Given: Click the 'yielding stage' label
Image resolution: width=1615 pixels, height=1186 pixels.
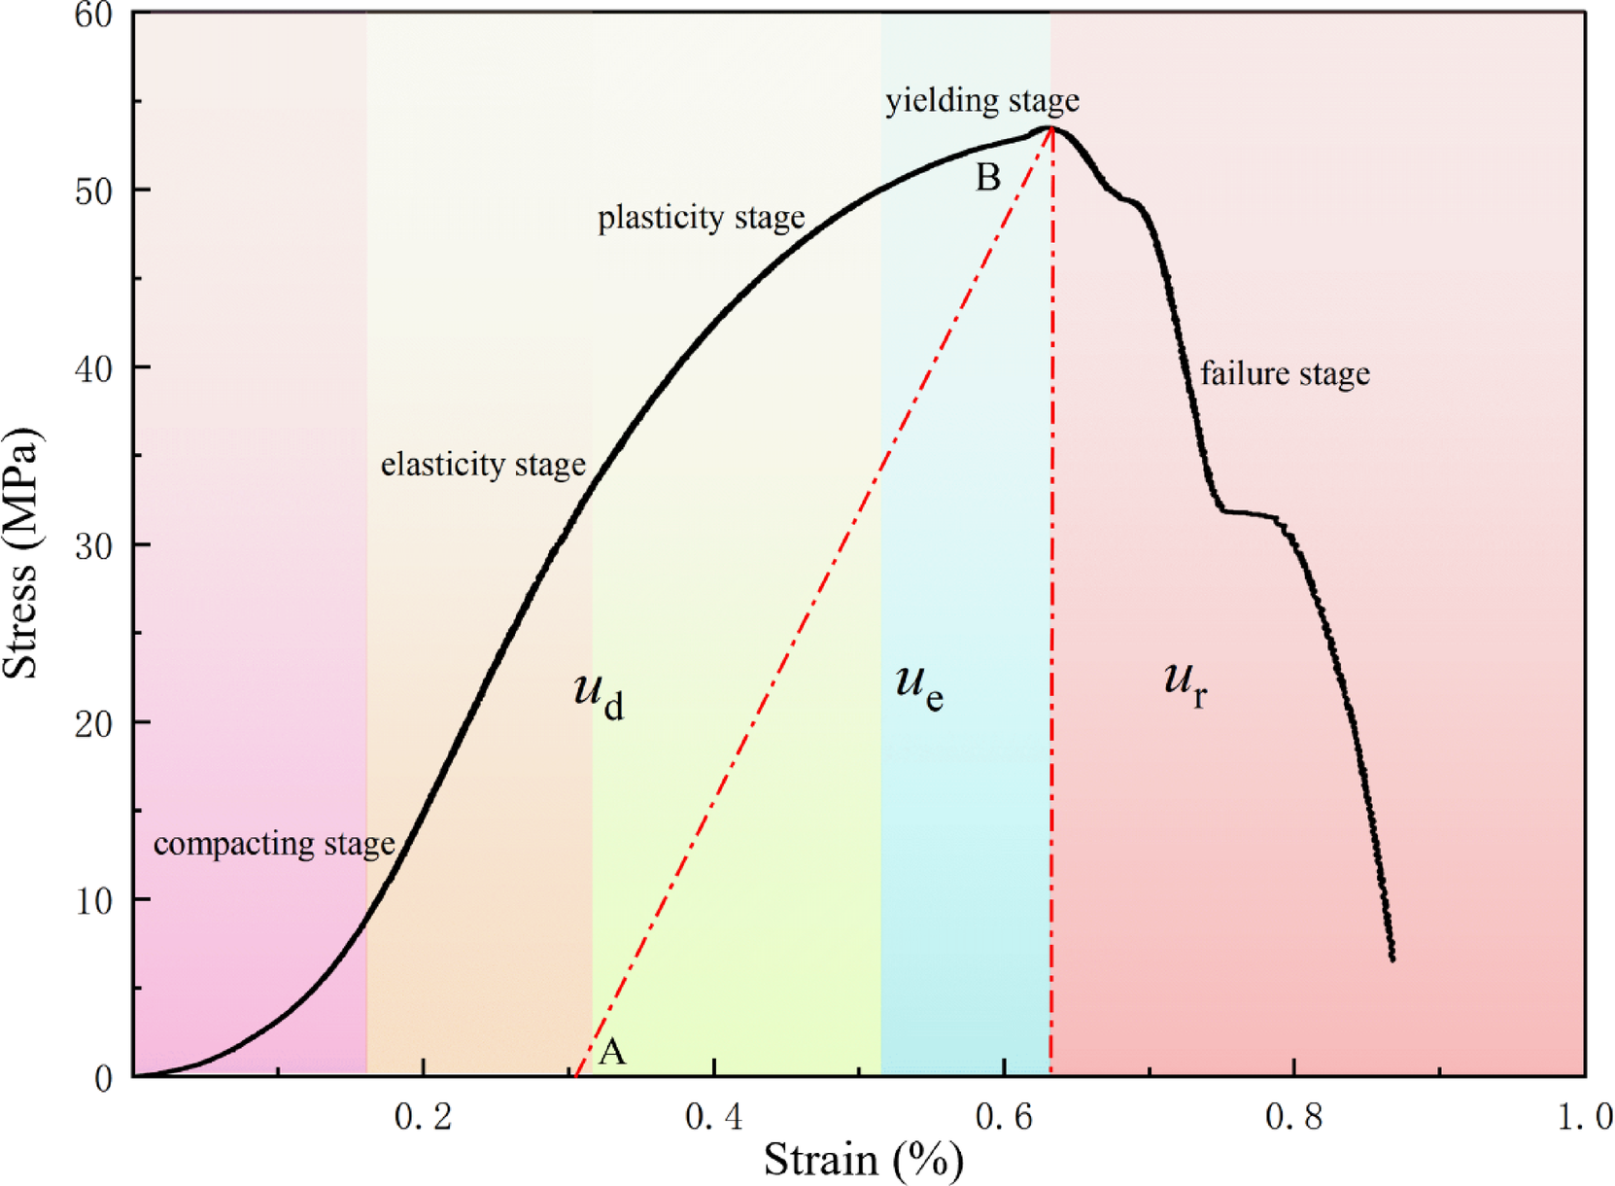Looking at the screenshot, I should point(981,100).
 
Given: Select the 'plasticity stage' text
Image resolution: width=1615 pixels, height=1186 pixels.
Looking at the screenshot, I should point(701,217).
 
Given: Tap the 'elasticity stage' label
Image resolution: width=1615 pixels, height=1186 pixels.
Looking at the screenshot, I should point(483,465).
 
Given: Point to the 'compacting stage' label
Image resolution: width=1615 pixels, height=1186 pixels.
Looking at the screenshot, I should point(274,844).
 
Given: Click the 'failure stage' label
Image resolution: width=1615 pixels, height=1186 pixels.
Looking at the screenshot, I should point(1285,373).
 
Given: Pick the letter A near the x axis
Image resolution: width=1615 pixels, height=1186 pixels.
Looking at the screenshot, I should point(612,1052).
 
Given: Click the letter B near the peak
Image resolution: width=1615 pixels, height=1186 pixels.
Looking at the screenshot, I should point(987,178).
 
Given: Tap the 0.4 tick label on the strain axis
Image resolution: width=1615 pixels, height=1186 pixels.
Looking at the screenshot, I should point(713,1118).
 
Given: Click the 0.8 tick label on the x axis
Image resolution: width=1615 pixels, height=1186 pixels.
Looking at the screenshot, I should point(1294,1118).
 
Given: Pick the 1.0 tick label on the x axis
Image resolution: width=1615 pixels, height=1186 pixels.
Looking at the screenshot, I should point(1585,1118).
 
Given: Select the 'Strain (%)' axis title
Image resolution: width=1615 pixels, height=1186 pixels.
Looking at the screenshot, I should point(863,1160).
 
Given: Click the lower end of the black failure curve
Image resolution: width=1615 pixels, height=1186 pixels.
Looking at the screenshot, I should point(1392,959).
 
